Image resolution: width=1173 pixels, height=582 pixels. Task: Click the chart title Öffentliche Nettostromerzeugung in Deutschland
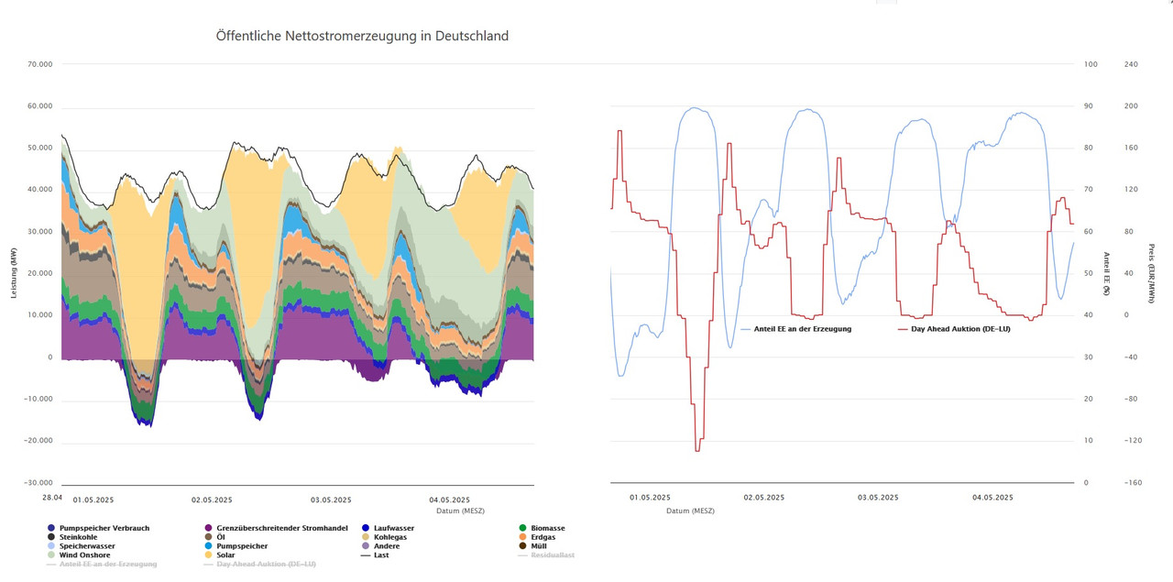pyautogui.click(x=362, y=36)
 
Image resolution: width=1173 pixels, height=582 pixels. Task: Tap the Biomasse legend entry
pyautogui.click(x=548, y=528)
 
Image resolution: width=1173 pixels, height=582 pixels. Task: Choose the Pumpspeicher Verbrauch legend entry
pyautogui.click(x=104, y=528)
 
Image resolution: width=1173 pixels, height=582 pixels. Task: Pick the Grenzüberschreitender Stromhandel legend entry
pyautogui.click(x=281, y=528)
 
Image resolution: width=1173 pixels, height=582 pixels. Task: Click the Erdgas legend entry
pyautogui.click(x=543, y=537)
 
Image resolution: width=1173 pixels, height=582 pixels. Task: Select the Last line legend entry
pyautogui.click(x=382, y=555)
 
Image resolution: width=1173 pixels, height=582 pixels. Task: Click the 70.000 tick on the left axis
pyautogui.click(x=40, y=65)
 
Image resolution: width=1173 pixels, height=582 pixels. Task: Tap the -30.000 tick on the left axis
pyautogui.click(x=38, y=483)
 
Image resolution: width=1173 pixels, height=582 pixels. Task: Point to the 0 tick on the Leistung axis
pyautogui.click(x=49, y=357)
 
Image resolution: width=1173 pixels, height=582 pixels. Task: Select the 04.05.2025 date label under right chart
pyautogui.click(x=992, y=498)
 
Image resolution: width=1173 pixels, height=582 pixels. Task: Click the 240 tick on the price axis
pyautogui.click(x=1131, y=65)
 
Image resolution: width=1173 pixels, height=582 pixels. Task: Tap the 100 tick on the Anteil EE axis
pyautogui.click(x=1091, y=65)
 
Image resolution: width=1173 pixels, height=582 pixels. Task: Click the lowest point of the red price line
pyautogui.click(x=697, y=451)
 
